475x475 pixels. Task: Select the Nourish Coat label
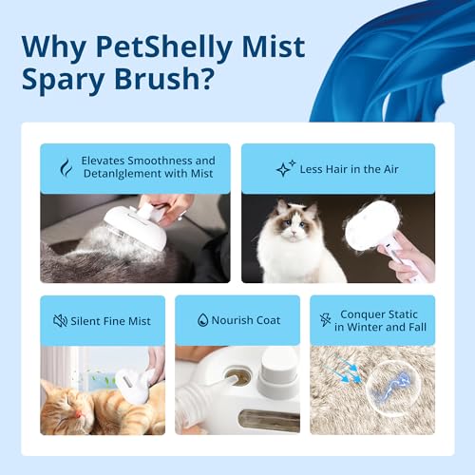[247, 320]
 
